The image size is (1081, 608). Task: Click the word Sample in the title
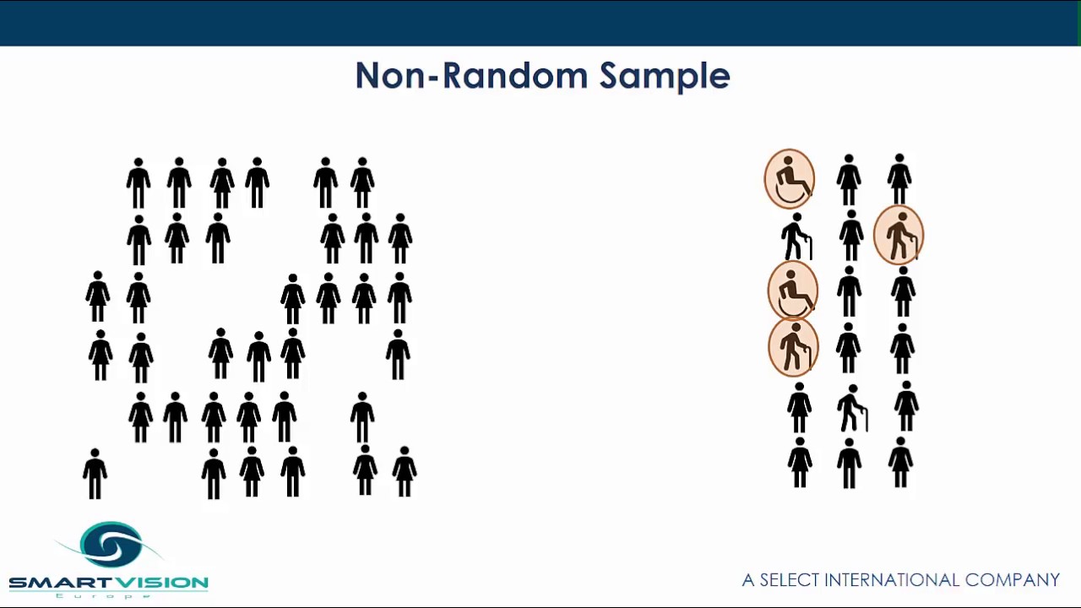(x=664, y=77)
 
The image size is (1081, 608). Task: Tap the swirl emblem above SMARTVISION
(x=111, y=546)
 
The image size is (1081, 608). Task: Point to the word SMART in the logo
(x=57, y=583)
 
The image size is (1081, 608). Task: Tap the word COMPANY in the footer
(x=1012, y=580)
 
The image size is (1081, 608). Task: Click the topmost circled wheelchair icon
(x=790, y=179)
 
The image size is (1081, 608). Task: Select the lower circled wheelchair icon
(x=792, y=290)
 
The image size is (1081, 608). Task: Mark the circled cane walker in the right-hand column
(x=899, y=236)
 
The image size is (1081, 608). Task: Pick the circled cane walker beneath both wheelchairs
(x=793, y=347)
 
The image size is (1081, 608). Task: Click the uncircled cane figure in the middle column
(x=851, y=408)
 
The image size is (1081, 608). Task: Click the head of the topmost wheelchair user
(x=788, y=160)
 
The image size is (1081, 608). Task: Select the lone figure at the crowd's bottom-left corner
(x=95, y=474)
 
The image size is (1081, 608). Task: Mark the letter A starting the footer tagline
(x=748, y=580)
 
